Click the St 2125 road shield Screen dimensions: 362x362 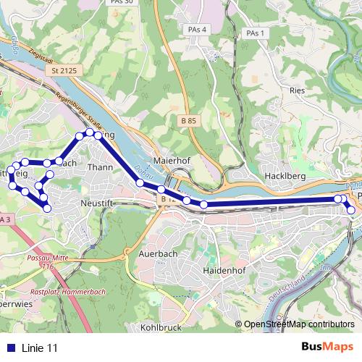point(64,71)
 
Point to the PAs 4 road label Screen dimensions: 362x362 point(195,29)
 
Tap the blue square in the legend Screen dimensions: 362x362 point(9,348)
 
